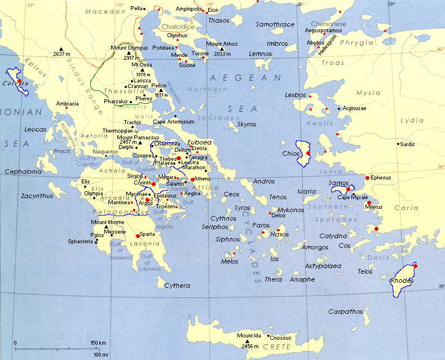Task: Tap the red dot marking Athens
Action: pos(193,179)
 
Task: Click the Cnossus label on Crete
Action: pos(280,337)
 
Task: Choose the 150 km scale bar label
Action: pos(98,343)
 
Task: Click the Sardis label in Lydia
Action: pos(407,144)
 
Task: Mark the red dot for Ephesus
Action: pos(368,178)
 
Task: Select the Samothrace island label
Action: pos(275,25)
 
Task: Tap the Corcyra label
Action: pos(15,89)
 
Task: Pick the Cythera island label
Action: pos(177,286)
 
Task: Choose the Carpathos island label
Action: pos(346,311)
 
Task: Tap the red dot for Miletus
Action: pos(368,203)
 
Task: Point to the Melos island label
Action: pos(230,261)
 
